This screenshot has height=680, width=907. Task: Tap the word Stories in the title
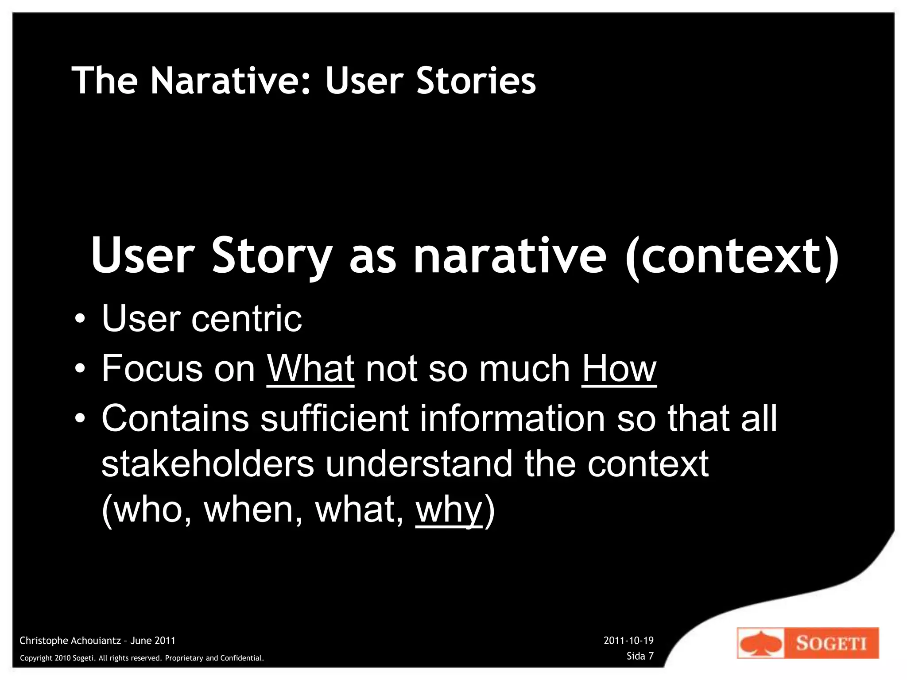click(x=476, y=81)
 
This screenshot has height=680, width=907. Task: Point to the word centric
click(x=246, y=318)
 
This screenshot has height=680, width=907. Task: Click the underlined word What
click(x=310, y=368)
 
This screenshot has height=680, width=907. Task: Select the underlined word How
click(x=619, y=368)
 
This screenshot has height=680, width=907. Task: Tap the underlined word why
click(x=449, y=510)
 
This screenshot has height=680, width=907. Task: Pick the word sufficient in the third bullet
click(x=334, y=418)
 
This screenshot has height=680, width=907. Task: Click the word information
click(x=512, y=418)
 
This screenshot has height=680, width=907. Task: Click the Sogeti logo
click(x=808, y=643)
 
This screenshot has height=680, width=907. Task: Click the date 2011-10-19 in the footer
click(x=628, y=641)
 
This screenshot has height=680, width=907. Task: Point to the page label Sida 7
click(x=640, y=656)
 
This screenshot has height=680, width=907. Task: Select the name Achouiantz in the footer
click(x=94, y=641)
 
